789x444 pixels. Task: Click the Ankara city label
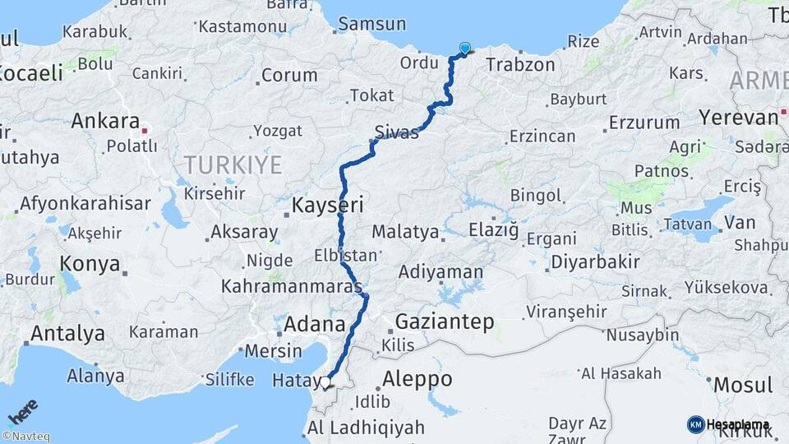point(104,122)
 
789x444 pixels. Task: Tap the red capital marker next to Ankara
point(145,129)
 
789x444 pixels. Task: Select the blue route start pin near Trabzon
point(465,49)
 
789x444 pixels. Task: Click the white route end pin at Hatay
point(326,382)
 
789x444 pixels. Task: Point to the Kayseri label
point(327,205)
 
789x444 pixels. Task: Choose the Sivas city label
point(396,132)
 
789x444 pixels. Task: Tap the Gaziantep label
point(445,321)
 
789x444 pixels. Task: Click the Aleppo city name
point(418,379)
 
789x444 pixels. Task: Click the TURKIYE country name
point(233,165)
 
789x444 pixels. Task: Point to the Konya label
point(90,265)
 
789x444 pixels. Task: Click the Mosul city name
point(743,385)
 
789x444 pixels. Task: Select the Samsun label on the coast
point(371,24)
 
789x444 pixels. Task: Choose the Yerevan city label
point(737,117)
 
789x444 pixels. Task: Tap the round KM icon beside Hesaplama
point(695,424)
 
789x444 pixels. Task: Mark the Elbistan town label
point(345,255)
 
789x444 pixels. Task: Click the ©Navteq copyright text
point(25,437)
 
